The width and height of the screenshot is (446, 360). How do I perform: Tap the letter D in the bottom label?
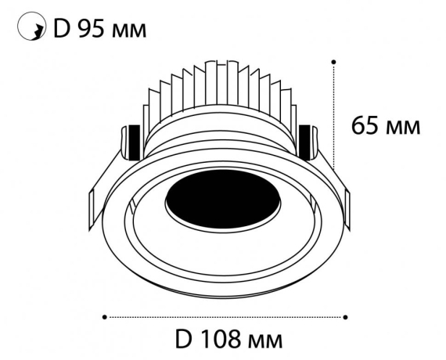pyautogui.click(x=184, y=342)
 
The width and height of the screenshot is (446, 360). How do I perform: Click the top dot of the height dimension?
pyautogui.click(x=334, y=60)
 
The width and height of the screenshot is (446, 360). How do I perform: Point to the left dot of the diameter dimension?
pyautogui.click(x=105, y=317)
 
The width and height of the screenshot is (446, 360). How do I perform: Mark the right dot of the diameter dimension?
pyautogui.click(x=346, y=317)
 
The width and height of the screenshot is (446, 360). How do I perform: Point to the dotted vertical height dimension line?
pyautogui.click(x=334, y=117)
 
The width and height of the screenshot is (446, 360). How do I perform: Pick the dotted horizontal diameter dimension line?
pyautogui.click(x=225, y=317)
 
